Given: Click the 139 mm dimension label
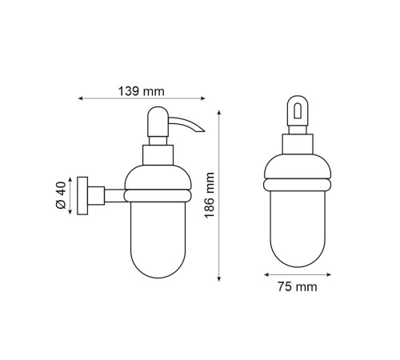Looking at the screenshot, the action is point(142,91).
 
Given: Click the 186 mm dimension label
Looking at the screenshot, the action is point(210,195).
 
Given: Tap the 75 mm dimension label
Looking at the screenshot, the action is point(298,287).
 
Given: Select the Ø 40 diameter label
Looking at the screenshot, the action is point(61,195).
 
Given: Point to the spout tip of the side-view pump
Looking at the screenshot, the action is point(204,131).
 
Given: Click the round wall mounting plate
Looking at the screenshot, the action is point(82,195).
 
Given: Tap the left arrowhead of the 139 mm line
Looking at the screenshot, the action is point(80,98).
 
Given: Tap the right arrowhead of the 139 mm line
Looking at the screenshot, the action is point(203,98).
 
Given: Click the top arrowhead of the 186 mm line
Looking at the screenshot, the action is point(219,112).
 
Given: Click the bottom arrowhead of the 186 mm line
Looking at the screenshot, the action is point(219,279).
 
